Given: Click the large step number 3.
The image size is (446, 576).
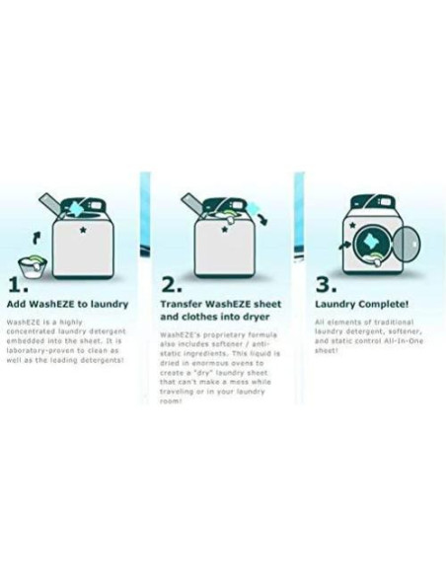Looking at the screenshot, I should tap(324, 285).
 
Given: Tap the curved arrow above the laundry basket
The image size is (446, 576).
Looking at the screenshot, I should tap(37, 235).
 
